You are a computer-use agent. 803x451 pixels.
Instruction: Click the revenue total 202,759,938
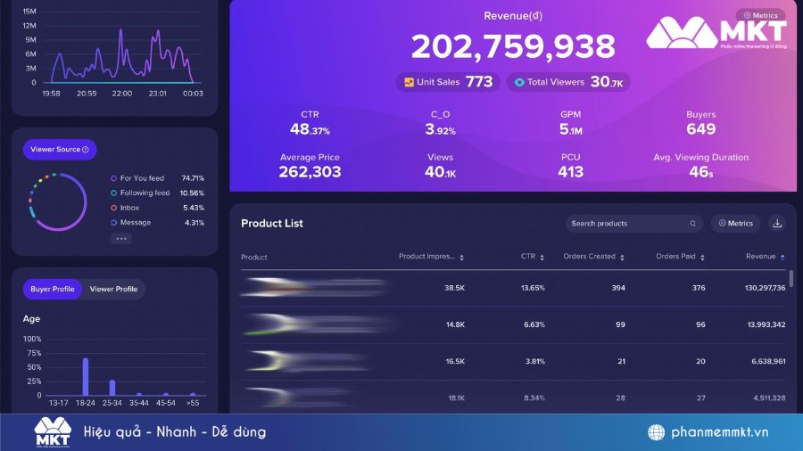click(x=513, y=46)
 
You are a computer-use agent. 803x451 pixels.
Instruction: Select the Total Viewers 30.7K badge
click(x=568, y=82)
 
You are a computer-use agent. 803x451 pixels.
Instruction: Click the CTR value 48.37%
click(x=310, y=129)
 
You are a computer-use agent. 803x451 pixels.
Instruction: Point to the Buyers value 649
click(x=700, y=129)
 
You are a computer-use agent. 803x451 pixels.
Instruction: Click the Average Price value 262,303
click(x=310, y=172)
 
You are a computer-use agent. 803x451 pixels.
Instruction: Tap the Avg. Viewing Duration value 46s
click(x=700, y=172)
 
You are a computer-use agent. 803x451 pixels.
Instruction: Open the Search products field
click(x=629, y=224)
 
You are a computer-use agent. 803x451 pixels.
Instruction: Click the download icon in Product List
click(x=777, y=224)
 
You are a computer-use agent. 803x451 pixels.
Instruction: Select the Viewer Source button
click(x=60, y=150)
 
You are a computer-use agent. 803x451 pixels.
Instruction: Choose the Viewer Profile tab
click(x=113, y=289)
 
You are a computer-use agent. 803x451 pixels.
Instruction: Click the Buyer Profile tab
click(x=53, y=289)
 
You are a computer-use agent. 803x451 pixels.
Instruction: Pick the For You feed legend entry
click(x=143, y=178)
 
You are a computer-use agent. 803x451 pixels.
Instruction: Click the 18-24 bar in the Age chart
click(x=86, y=376)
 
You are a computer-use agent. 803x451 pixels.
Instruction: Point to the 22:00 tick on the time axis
click(x=122, y=94)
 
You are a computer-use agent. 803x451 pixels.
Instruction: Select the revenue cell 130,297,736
click(x=754, y=288)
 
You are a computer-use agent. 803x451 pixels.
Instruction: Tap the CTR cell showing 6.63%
click(x=534, y=324)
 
